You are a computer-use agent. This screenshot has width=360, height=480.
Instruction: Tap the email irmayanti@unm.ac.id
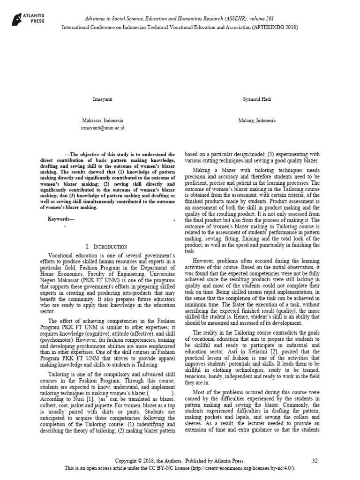click(103, 127)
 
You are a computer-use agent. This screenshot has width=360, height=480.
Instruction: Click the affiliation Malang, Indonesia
click(256, 120)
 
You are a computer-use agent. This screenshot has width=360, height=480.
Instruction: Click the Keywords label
click(60, 219)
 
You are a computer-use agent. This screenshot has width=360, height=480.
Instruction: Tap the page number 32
click(315, 461)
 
